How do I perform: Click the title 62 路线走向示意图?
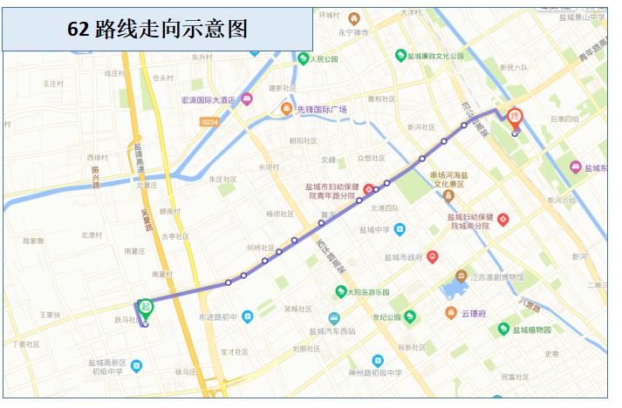point(157,29)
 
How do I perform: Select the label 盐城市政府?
point(403,257)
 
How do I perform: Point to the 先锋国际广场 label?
point(322,109)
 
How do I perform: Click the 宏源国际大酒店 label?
point(208,99)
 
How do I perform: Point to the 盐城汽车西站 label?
point(332,331)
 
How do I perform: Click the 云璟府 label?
point(478,313)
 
